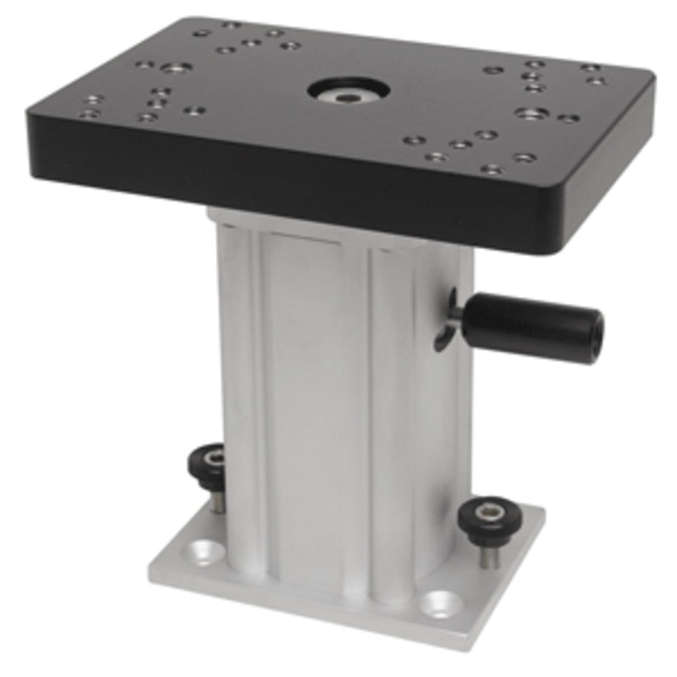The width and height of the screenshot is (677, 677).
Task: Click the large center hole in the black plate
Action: [x=348, y=90]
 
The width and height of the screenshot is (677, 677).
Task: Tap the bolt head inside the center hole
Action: [x=349, y=95]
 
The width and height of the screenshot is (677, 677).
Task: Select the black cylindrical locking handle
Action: [x=531, y=327]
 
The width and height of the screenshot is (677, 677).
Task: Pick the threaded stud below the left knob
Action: [x=216, y=501]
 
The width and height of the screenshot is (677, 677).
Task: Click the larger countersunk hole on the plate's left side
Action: [x=175, y=68]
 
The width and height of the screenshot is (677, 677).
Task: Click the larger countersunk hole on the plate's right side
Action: [x=532, y=114]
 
